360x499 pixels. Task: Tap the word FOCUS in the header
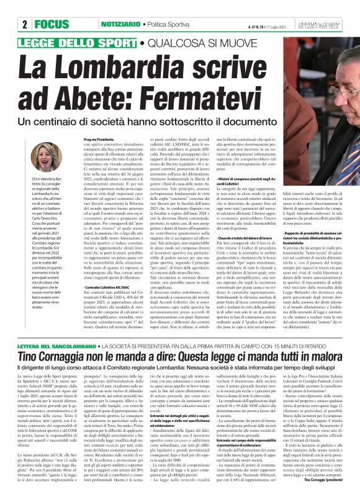click(x=47, y=24)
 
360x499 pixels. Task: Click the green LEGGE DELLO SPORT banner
click(x=81, y=43)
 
